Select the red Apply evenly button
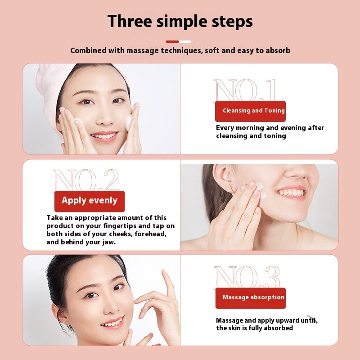point(89,201)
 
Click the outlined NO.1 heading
point(245,91)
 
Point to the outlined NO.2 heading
point(86,181)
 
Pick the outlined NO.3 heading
point(247,277)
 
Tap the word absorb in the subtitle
point(278,50)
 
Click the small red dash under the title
point(172,41)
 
